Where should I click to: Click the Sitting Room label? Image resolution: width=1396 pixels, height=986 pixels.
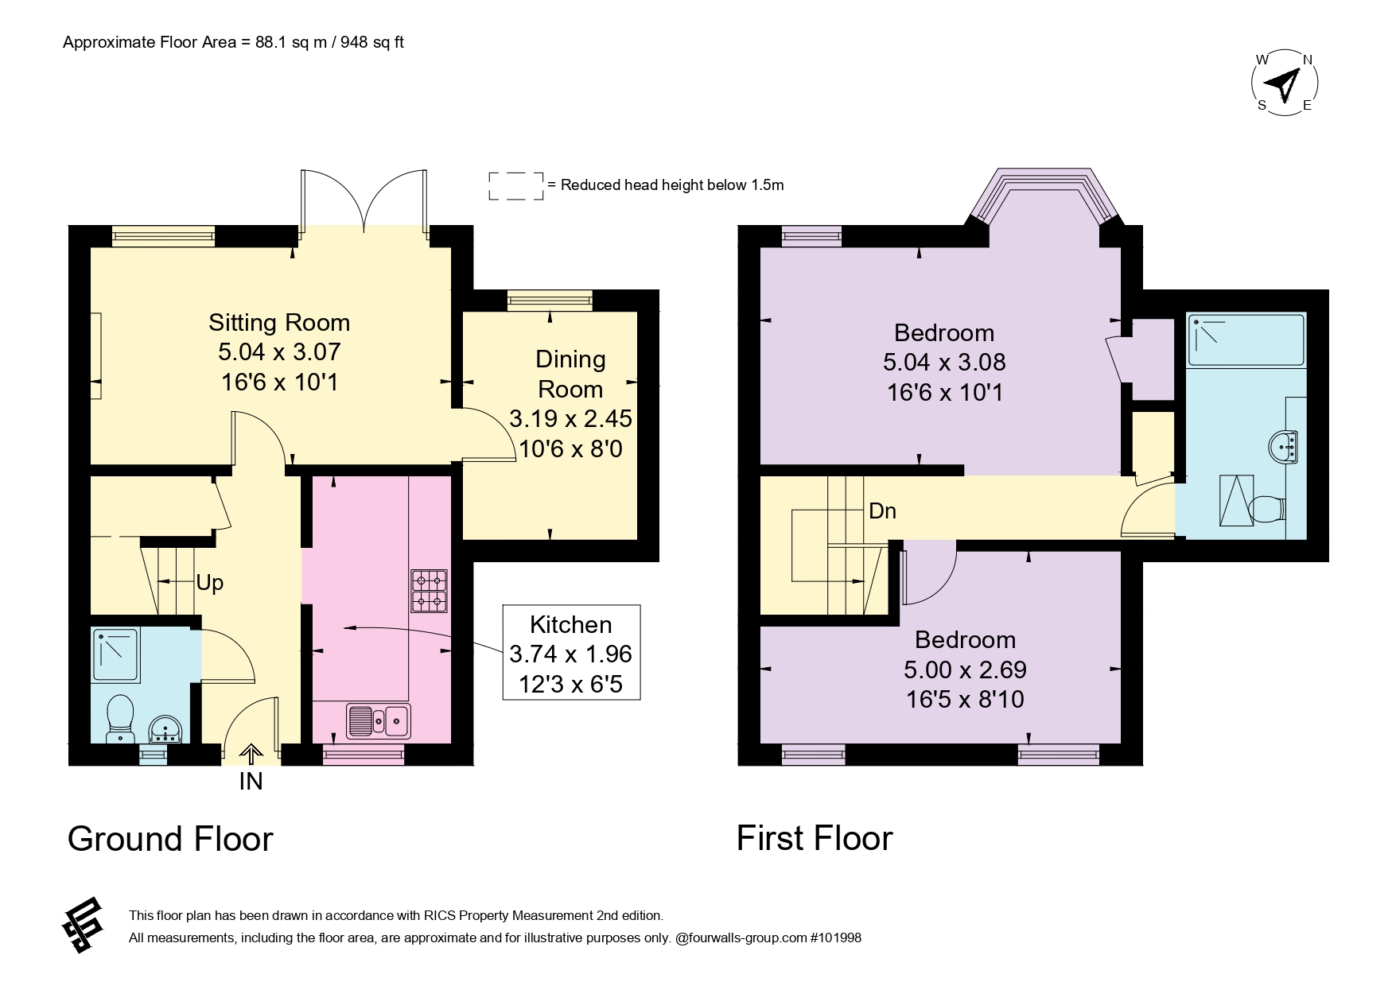[279, 322]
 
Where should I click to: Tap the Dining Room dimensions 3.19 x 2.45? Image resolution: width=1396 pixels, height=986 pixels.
[570, 418]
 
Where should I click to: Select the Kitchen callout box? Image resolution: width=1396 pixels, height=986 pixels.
[571, 653]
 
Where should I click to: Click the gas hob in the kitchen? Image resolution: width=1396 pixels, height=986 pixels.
[430, 591]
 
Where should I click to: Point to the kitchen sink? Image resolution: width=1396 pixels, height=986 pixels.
[379, 720]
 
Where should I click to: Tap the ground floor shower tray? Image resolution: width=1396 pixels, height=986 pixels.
[116, 654]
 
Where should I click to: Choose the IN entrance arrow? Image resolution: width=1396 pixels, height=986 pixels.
[251, 753]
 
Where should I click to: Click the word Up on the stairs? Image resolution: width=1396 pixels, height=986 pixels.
[210, 584]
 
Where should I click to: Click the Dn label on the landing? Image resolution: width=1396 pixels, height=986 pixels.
[883, 510]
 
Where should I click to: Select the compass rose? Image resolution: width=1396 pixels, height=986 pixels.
[1285, 82]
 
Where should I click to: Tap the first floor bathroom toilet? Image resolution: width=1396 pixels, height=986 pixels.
[1266, 507]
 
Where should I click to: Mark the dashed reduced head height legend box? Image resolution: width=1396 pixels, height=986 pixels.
[516, 185]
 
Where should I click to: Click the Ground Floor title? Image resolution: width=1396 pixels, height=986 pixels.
[170, 839]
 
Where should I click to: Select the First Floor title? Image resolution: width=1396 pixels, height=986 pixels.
[815, 838]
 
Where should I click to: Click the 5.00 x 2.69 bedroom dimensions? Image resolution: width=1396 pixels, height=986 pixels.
[965, 670]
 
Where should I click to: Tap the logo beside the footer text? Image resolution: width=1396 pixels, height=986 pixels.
[84, 926]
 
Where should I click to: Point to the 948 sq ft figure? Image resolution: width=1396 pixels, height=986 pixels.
[372, 42]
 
